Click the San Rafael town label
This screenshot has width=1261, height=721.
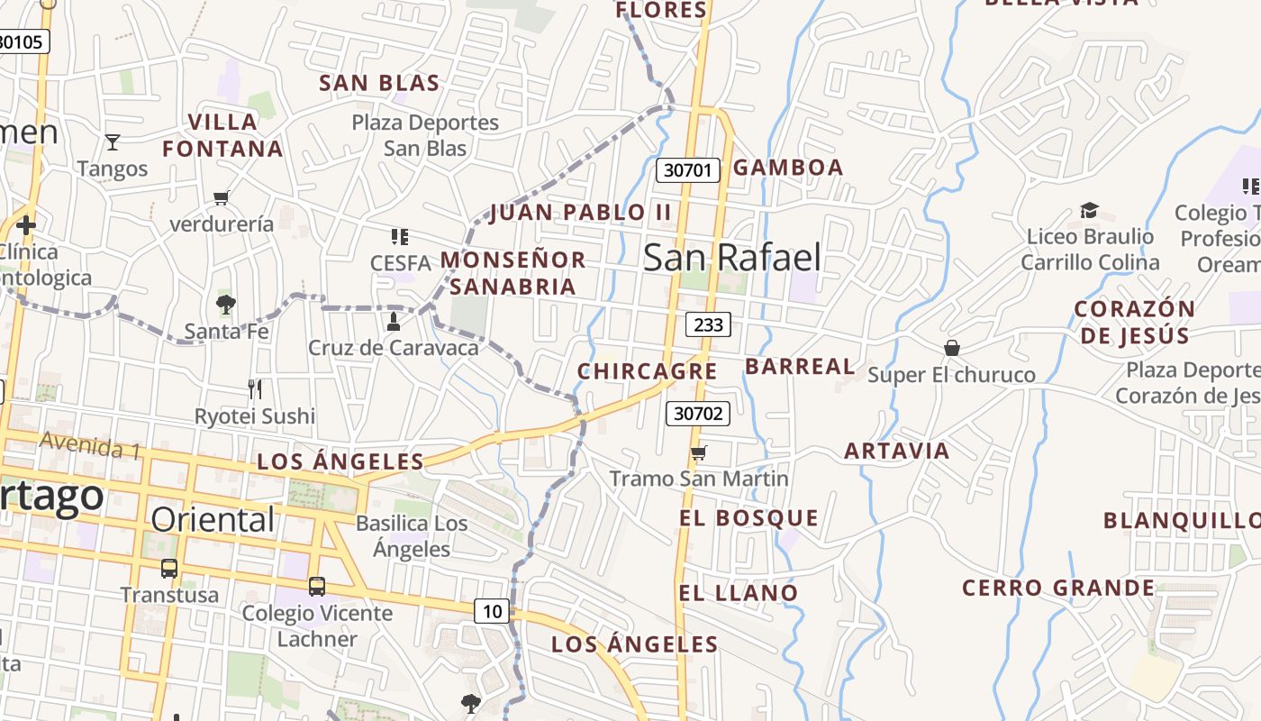point(732,258)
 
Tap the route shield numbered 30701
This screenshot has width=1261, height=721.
point(688,169)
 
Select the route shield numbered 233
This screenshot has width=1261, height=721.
point(708,324)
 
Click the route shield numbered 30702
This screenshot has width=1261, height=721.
point(698,414)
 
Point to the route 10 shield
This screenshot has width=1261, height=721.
point(492,612)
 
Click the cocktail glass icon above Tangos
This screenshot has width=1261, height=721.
point(113,142)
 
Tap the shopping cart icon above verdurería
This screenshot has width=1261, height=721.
point(222,197)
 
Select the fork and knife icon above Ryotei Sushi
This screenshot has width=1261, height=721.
point(255,389)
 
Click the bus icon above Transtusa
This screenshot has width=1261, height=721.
point(169,569)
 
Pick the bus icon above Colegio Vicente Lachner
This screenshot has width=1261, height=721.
point(317,587)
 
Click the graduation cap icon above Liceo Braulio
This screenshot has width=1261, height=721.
point(1090,211)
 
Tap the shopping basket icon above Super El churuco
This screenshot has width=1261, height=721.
point(952,348)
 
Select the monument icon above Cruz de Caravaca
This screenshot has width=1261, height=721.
point(393,322)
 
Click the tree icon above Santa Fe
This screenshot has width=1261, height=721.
point(226,305)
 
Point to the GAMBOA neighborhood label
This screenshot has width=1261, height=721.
point(788,168)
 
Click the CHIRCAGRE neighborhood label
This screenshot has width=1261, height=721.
point(647,371)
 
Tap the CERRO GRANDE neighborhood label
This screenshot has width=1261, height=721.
point(1058,589)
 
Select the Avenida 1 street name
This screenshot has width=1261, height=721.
point(90,445)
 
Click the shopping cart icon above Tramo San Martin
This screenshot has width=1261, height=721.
point(699,452)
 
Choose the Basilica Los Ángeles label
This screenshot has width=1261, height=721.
point(412,536)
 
